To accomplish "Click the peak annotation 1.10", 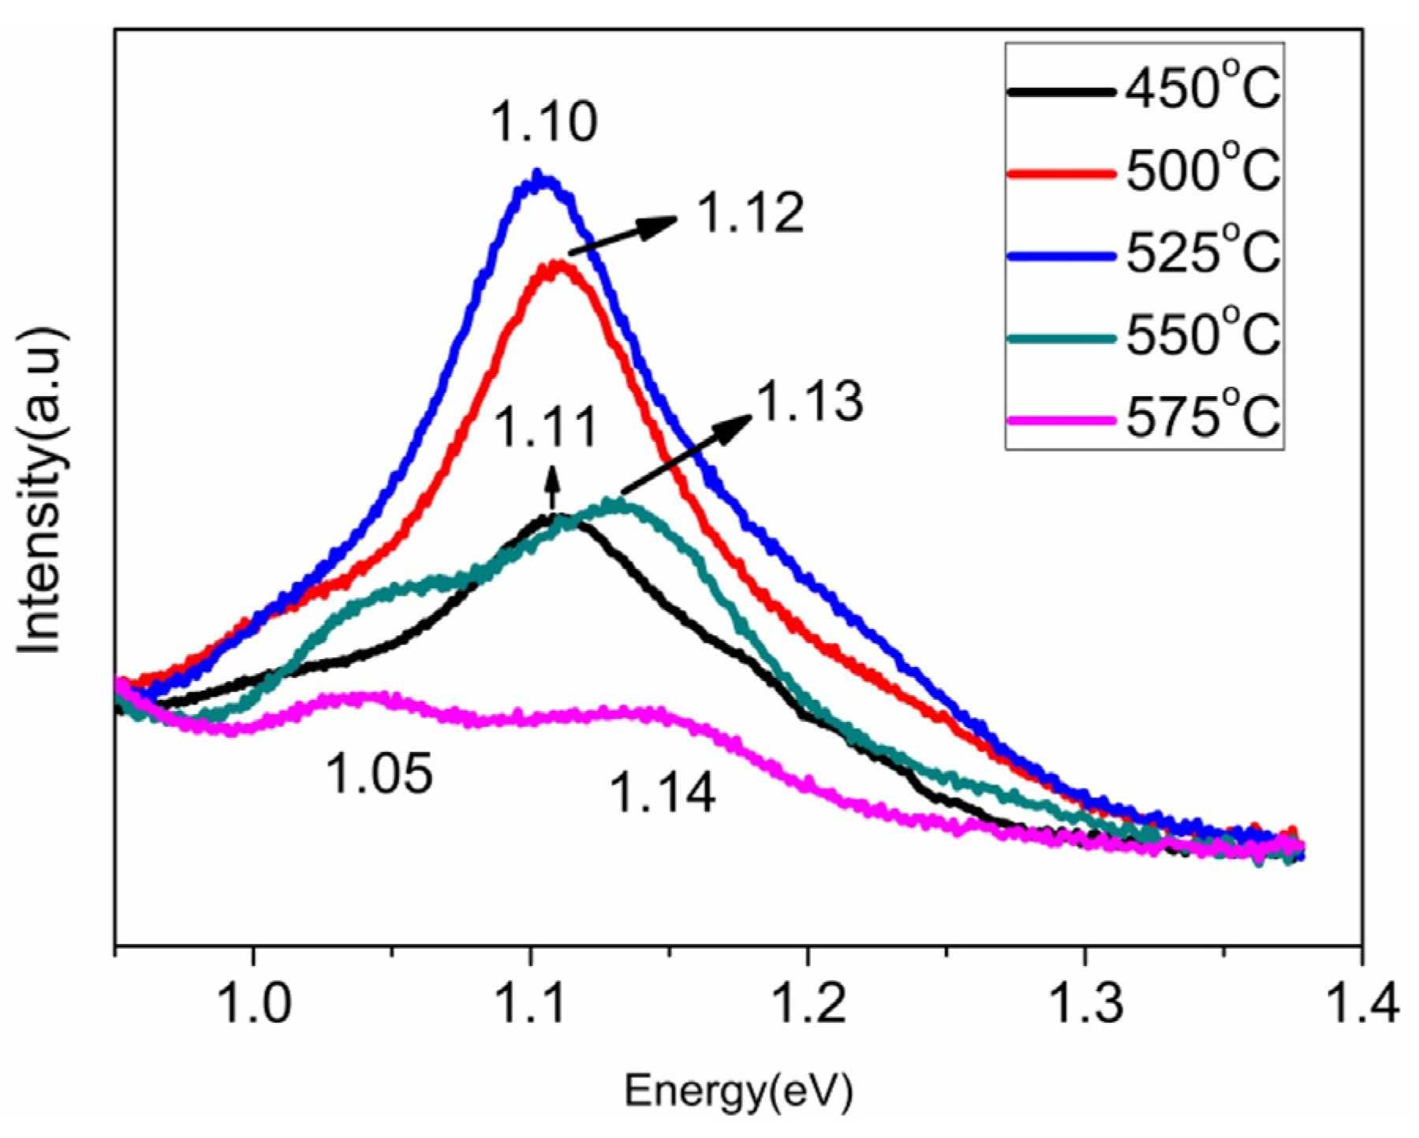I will (x=544, y=122).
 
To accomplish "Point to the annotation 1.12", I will (x=751, y=213).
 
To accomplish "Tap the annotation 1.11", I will (x=545, y=429).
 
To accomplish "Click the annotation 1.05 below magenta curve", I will (x=379, y=773).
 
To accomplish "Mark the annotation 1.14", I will (x=663, y=793).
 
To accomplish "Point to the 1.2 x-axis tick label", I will (x=808, y=1003).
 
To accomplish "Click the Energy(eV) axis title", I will (x=738, y=1092).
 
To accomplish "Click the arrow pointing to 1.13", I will (x=686, y=454).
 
